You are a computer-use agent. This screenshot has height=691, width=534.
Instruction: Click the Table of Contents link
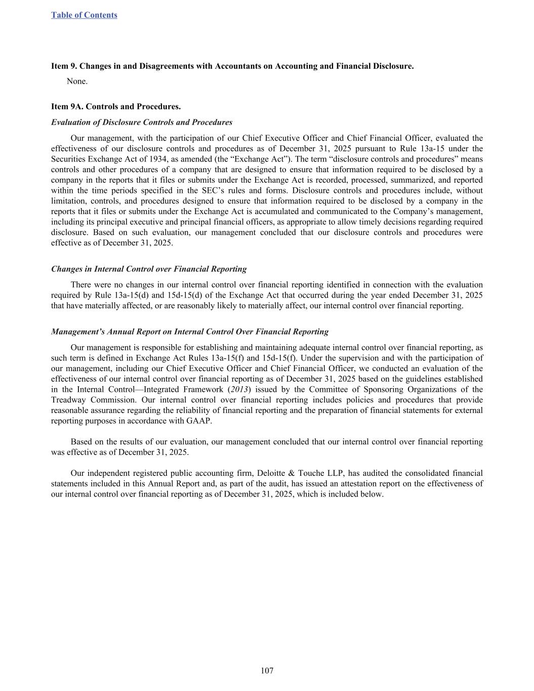tap(84, 15)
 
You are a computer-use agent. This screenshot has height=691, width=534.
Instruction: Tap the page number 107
tap(267, 671)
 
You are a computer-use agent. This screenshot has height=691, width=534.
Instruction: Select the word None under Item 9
tap(77, 81)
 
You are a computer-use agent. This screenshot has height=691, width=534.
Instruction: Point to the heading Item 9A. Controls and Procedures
tap(116, 106)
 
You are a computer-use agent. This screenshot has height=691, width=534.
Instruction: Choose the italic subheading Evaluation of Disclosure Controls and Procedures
tap(142, 122)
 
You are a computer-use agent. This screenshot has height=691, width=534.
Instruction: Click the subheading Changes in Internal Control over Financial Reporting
tap(149, 269)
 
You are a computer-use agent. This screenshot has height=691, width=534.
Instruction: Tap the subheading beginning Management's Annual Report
tap(190, 332)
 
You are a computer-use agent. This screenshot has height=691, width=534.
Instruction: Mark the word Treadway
tap(69, 400)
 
